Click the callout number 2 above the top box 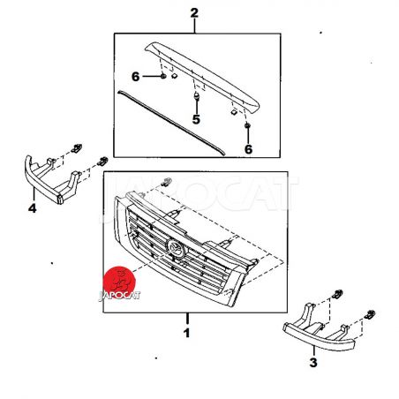tap(194, 13)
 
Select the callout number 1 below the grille tap(186, 333)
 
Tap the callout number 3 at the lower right tap(313, 362)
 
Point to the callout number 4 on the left tap(32, 208)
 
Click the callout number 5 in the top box tap(196, 119)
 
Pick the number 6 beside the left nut tap(135, 77)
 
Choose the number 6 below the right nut tap(248, 149)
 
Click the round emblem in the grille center tap(176, 248)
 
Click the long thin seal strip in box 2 tap(170, 123)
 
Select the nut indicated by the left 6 tap(162, 76)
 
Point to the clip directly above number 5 tap(196, 96)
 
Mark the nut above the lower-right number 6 tap(247, 125)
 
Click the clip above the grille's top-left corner tap(166, 182)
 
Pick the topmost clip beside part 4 tap(77, 148)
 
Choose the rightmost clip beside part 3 tap(370, 314)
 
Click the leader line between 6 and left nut tap(151, 77)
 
